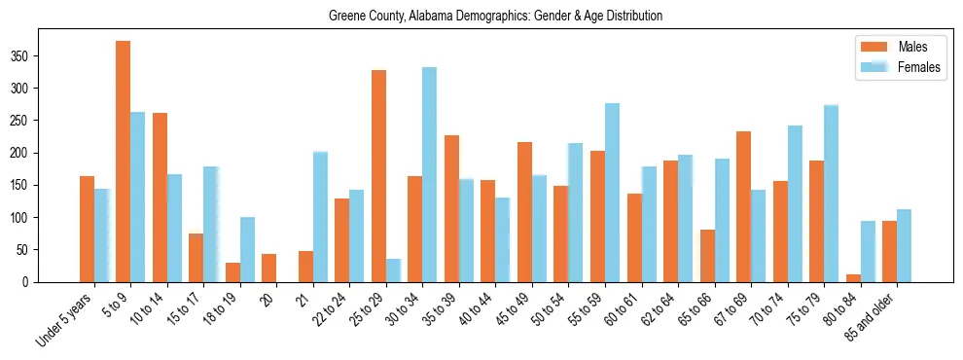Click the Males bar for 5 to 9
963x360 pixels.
124,162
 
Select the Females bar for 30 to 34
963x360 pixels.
429,175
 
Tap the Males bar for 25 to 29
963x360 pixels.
378,176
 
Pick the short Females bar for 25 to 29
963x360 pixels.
393,270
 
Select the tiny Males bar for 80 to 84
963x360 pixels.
853,278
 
